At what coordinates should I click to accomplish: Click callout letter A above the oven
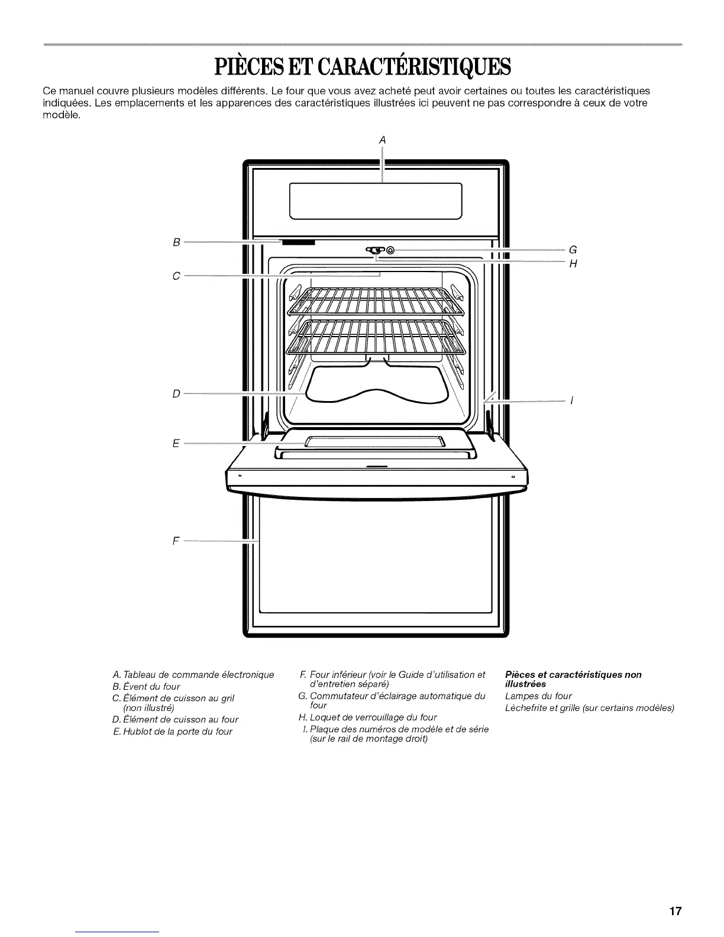[382, 140]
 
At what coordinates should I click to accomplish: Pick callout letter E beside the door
[176, 443]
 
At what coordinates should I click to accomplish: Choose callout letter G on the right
[572, 249]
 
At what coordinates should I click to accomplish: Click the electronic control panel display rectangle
[375, 201]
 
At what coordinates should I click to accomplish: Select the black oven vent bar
[298, 242]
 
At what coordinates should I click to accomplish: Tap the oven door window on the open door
[375, 442]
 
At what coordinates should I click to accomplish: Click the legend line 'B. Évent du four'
[146, 687]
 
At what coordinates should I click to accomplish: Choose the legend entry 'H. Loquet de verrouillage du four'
[367, 717]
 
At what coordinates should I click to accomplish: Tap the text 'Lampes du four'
[538, 696]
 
